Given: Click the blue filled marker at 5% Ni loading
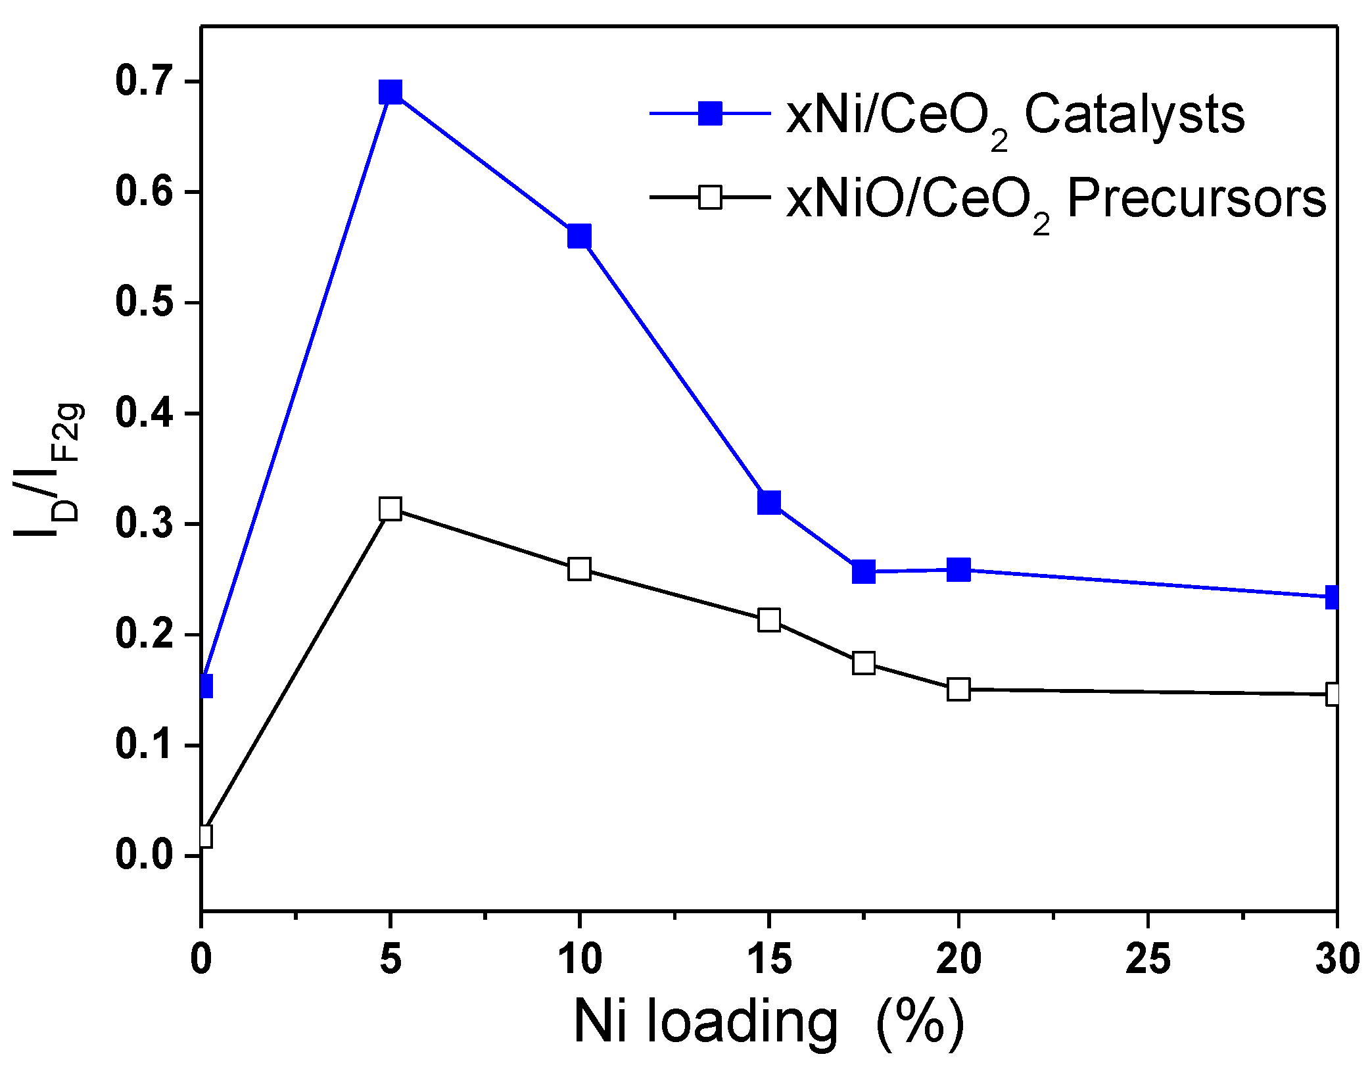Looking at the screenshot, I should (390, 92).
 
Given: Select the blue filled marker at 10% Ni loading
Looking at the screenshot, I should (579, 235).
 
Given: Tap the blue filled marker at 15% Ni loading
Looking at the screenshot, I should (768, 502).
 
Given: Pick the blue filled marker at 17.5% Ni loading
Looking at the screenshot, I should (864, 571).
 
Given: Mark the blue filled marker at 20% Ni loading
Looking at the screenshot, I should (958, 569).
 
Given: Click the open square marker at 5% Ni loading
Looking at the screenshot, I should (390, 509).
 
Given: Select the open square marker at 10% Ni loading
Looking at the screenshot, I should (579, 568).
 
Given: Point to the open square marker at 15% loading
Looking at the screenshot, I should (768, 619).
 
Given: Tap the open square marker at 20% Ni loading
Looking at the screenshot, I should (958, 690).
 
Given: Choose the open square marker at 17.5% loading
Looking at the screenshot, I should (864, 663).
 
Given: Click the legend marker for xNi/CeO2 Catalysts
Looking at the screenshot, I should (710, 113).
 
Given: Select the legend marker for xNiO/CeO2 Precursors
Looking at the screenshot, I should (710, 197).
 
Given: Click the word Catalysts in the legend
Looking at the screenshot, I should (1134, 115).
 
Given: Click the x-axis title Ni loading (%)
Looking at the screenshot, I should (768, 1021).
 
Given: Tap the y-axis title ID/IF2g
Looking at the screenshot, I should (49, 470).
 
